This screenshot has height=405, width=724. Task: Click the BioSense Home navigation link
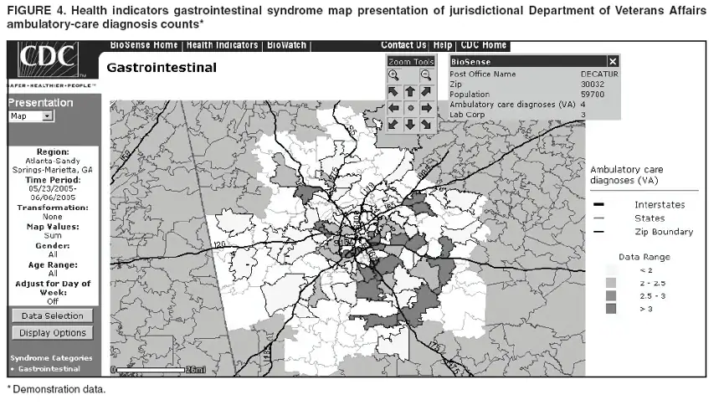143,45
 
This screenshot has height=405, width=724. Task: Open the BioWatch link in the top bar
286,45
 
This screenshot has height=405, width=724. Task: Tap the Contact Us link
403,45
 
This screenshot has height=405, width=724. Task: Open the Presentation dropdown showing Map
31,117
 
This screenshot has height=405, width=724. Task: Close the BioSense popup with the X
613,62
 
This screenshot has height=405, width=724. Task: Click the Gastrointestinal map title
162,67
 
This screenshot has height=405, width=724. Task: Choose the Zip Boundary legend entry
663,232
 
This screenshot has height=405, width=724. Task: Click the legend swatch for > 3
610,310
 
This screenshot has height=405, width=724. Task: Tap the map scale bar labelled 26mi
159,369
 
